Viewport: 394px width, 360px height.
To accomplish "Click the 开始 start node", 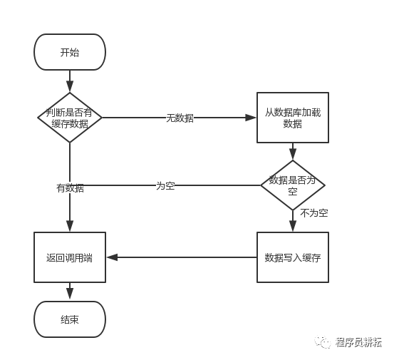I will (x=70, y=52).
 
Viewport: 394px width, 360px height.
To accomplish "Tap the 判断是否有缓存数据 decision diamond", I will (x=70, y=118).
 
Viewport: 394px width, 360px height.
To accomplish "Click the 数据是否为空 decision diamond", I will (x=292, y=185).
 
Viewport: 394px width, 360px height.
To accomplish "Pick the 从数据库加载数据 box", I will (x=292, y=118).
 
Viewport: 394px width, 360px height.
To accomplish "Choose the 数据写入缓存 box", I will (x=292, y=257).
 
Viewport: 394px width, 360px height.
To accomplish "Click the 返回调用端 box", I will (x=70, y=257).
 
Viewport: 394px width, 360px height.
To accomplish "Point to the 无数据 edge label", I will (x=180, y=118).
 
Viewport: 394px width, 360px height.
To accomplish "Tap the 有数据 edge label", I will (x=70, y=188).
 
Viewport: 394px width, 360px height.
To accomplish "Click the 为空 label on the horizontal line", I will (x=165, y=185).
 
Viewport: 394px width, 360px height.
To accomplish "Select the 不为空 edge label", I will (x=313, y=212).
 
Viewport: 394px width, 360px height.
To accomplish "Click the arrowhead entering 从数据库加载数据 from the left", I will (x=252, y=118).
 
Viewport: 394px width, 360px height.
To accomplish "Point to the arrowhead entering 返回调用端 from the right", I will (x=110, y=257).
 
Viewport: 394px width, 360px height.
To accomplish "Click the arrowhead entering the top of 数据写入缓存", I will (x=292, y=227).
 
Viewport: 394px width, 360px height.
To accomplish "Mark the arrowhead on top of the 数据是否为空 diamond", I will (x=292, y=156).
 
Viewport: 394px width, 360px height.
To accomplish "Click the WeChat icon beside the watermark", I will (x=326, y=342).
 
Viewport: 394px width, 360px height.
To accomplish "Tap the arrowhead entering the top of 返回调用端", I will (x=70, y=227).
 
